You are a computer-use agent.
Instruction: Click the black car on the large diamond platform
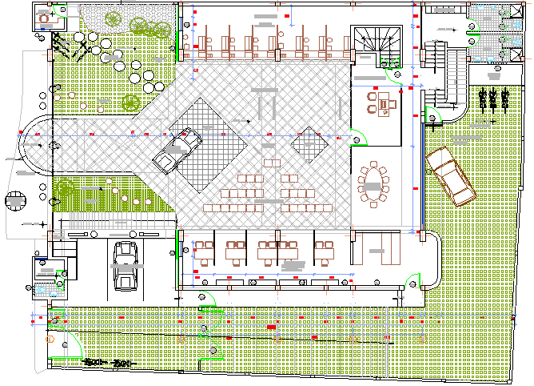177,151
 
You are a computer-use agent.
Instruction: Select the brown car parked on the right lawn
452,179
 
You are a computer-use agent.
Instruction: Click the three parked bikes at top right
493,99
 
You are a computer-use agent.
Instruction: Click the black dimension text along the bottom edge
107,363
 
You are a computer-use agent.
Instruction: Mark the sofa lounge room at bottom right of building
376,251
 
